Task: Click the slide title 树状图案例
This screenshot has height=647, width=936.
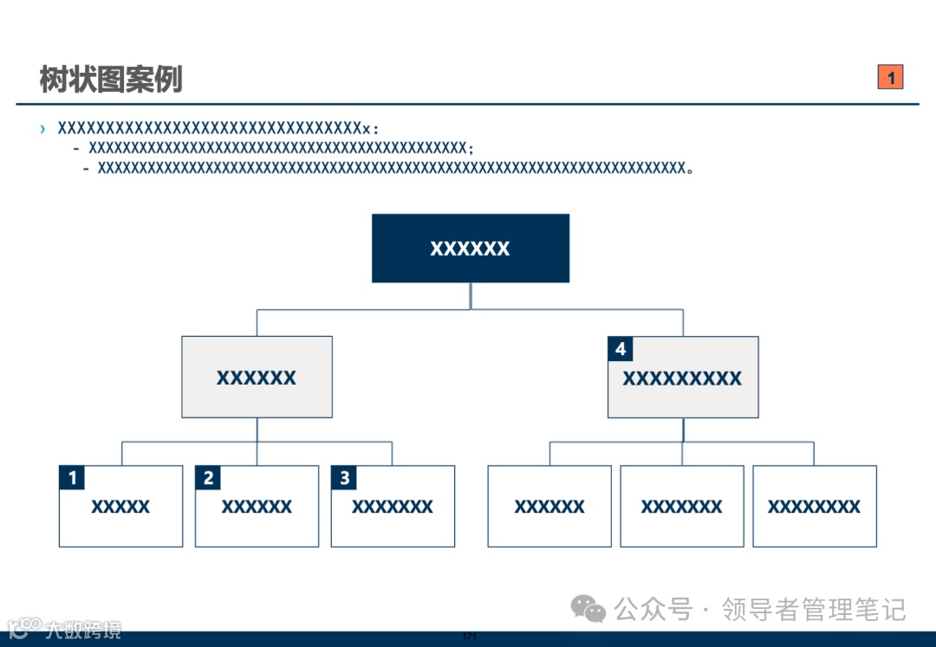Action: pyautogui.click(x=111, y=80)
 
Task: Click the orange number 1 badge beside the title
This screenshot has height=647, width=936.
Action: pyautogui.click(x=890, y=77)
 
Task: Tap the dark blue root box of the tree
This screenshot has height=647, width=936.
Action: pyautogui.click(x=471, y=249)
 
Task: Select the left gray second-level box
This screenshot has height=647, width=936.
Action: pyautogui.click(x=257, y=378)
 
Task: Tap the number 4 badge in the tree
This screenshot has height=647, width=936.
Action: pyautogui.click(x=621, y=349)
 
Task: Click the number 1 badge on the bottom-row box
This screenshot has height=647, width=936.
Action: pyautogui.click(x=72, y=478)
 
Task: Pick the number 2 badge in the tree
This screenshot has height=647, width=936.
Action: pyautogui.click(x=208, y=478)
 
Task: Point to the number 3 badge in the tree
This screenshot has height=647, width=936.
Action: pyautogui.click(x=344, y=478)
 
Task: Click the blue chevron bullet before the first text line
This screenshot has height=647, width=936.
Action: pyautogui.click(x=42, y=129)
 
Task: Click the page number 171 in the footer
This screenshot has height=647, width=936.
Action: pyautogui.click(x=470, y=637)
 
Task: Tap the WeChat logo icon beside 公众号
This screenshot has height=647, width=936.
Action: pyautogui.click(x=588, y=609)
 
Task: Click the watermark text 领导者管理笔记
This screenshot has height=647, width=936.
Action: pyautogui.click(x=814, y=609)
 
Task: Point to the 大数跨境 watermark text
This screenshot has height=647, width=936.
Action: pyautogui.click(x=83, y=629)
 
